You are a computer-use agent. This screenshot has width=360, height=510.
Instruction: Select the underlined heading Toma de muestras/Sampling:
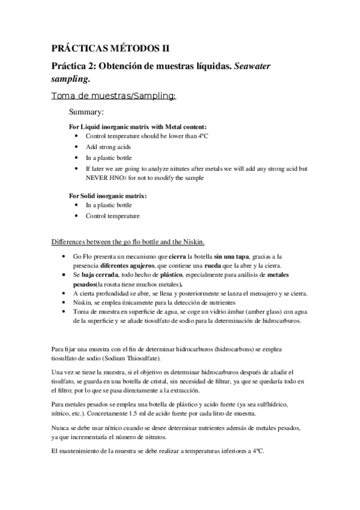coord(114,96)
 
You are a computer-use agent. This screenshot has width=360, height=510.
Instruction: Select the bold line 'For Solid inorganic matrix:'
coord(108,195)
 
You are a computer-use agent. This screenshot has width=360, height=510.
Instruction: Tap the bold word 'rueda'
coord(237,266)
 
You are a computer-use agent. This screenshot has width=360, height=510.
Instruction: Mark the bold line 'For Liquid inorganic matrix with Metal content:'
coord(138,127)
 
